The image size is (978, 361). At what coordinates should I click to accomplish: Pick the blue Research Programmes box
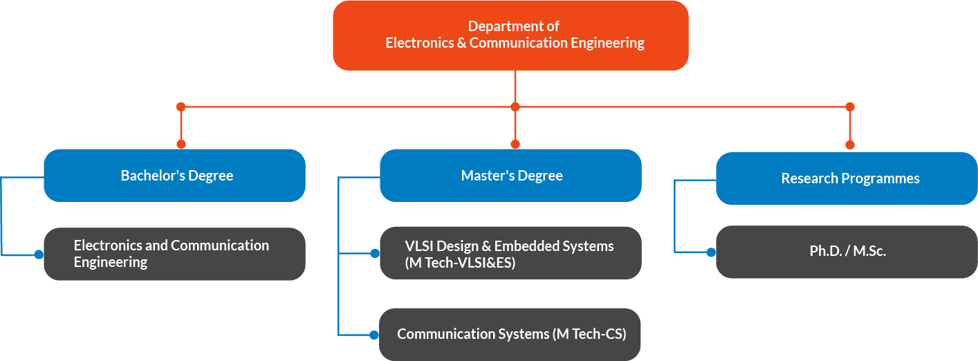[847, 178]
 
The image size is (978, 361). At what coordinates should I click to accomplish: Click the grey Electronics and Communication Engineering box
[174, 254]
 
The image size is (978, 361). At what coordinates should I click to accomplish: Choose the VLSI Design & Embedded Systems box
[510, 253]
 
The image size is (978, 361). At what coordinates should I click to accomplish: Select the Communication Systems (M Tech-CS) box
[510, 334]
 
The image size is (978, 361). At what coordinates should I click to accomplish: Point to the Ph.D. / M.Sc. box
[847, 252]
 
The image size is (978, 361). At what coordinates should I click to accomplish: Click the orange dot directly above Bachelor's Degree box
[181, 144]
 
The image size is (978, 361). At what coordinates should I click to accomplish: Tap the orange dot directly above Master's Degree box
[515, 144]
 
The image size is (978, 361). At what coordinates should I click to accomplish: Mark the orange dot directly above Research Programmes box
[850, 145]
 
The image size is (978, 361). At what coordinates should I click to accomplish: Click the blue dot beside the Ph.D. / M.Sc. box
[711, 252]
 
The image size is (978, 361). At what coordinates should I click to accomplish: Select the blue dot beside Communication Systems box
[374, 335]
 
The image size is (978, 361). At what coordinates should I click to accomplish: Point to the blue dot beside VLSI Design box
[375, 254]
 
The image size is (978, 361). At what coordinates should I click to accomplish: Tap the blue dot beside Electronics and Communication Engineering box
[39, 254]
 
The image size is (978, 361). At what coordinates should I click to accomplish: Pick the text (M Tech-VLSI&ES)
[460, 263]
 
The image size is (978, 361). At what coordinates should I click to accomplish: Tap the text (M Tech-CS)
[589, 334]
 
